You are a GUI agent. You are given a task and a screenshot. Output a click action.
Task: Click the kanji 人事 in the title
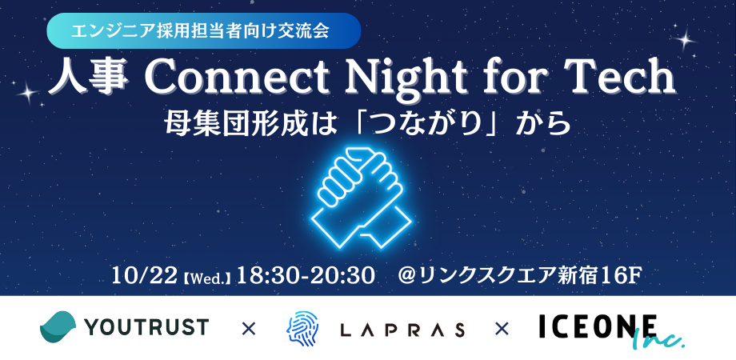88,78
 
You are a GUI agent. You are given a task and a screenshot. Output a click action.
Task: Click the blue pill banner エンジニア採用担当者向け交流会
204,31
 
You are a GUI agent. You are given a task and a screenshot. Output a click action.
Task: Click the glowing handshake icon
362,197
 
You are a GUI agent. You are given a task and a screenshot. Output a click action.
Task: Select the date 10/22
144,276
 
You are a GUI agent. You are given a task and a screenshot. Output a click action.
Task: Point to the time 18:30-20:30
305,276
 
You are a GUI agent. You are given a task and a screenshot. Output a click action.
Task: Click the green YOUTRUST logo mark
58,326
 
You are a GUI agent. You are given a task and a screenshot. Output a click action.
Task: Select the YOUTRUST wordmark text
146,326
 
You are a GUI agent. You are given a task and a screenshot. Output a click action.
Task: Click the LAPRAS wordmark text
402,330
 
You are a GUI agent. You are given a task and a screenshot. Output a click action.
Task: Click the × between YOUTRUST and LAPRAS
248,330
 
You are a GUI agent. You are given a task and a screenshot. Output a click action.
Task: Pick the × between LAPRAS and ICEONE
502,330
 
